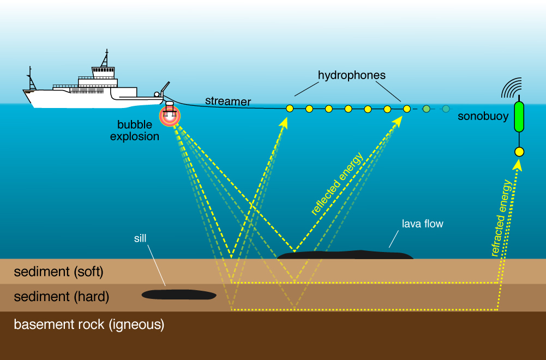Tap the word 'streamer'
coord(228,101)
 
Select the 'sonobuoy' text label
coord(483,117)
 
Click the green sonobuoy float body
coord(519,117)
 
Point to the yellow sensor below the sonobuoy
coord(519,152)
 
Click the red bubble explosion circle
coord(170,115)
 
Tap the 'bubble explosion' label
coord(135,131)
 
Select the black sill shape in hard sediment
coord(179,295)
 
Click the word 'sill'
coord(140,238)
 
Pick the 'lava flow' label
coord(422,224)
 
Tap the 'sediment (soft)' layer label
coord(58,271)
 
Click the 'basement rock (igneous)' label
coord(89,325)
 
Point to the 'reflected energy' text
coord(337,185)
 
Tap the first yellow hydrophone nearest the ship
coord(290,109)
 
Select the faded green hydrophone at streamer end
coord(446,109)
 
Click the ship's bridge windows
coord(103,70)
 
